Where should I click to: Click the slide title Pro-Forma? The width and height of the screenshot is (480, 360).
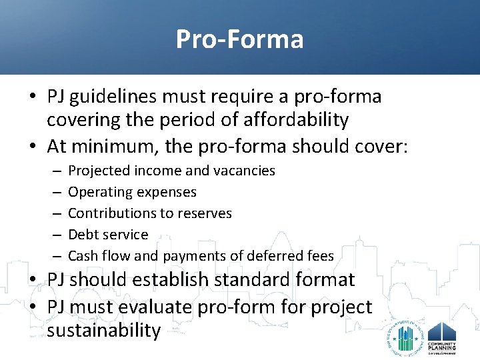(x=239, y=39)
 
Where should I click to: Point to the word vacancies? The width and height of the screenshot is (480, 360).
(x=244, y=171)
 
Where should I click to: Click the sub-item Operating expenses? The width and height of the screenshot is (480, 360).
(x=132, y=192)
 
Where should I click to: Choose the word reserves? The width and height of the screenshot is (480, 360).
(x=206, y=213)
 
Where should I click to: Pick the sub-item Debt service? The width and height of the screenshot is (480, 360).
(x=108, y=235)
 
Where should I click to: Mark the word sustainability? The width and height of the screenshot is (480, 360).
(x=104, y=330)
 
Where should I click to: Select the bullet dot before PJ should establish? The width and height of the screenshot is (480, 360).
(x=33, y=280)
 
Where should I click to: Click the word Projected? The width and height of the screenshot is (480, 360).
(x=98, y=171)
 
